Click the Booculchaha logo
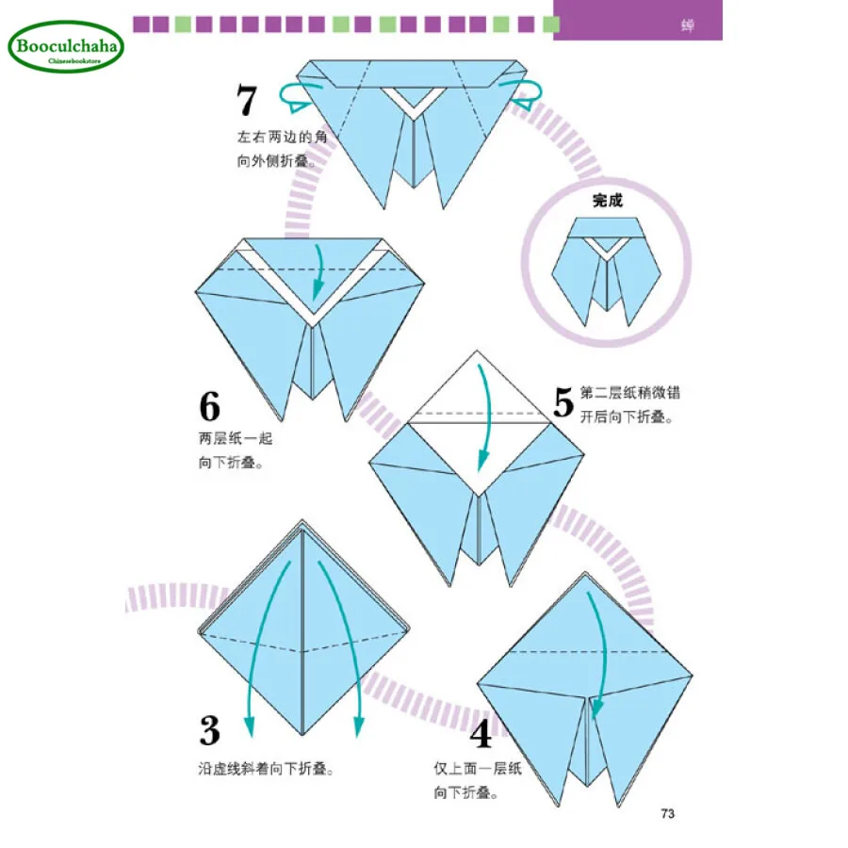pos(66,47)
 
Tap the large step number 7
pos(248,101)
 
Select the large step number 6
pos(209,406)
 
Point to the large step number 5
pos(563,401)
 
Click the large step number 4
pos(481,732)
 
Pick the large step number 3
pos(210,731)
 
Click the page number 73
pos(667,813)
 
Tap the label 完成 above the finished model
pos(607,201)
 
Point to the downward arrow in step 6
pos(318,269)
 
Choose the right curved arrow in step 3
pos(341,641)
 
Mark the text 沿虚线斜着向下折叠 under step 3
pos(267,769)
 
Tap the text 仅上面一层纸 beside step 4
pos(477,769)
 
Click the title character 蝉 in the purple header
pos(688,25)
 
